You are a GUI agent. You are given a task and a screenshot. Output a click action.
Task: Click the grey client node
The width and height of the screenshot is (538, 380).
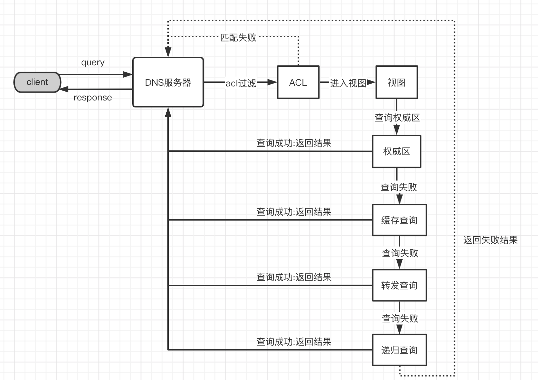point(37,82)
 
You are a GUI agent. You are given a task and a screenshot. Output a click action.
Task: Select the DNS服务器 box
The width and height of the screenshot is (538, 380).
point(168,83)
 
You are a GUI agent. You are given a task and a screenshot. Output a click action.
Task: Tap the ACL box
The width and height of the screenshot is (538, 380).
point(298,83)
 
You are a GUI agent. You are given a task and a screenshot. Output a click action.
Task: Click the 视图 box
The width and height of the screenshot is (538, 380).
point(397,83)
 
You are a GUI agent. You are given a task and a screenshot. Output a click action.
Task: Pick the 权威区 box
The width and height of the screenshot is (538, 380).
point(397,151)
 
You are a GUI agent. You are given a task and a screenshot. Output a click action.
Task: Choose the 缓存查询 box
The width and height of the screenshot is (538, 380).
point(399,220)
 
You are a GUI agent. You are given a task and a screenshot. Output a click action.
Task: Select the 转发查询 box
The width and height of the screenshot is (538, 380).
point(399,286)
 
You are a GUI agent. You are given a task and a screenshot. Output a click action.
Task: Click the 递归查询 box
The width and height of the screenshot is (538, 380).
point(399,350)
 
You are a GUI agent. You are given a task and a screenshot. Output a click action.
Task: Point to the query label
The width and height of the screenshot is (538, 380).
point(93,63)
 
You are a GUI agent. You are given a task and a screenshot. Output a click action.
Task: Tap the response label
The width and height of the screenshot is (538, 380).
point(93,98)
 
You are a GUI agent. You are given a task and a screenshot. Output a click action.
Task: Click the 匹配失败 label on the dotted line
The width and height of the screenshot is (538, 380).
point(238,37)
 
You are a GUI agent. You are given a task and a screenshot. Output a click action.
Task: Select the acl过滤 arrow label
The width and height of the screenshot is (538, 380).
point(241,83)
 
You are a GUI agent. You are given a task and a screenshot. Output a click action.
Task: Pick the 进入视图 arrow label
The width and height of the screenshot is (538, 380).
point(348,83)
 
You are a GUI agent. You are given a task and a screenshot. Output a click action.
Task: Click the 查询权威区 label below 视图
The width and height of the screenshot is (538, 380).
point(397,118)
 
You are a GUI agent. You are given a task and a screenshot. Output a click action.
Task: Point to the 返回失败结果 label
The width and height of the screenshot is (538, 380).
point(491,240)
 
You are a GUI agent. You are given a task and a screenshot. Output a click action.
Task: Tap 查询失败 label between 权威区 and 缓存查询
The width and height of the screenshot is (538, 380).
point(399,187)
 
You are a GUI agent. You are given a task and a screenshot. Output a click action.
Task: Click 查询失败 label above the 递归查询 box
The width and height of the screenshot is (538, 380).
point(400,319)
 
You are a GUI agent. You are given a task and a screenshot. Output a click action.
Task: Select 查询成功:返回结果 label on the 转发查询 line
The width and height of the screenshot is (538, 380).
point(294,277)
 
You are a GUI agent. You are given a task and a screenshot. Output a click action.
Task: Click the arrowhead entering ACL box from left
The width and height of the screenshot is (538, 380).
point(272,83)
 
